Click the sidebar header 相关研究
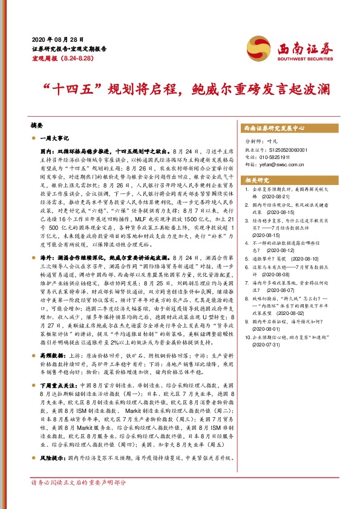256,180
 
